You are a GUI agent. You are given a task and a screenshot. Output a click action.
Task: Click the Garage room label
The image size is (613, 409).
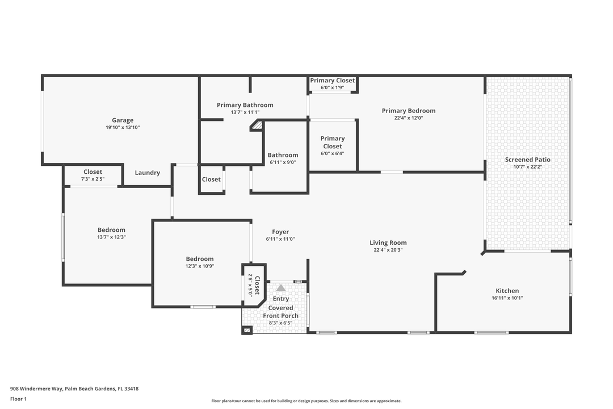123,120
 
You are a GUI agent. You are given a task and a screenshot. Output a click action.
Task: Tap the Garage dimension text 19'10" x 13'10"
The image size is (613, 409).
123,127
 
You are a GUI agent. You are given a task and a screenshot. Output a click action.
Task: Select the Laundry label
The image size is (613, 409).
148,173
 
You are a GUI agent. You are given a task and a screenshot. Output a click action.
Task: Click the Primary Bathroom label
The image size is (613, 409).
245,105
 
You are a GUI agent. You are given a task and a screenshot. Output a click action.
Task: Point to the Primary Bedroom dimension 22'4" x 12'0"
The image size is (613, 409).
409,118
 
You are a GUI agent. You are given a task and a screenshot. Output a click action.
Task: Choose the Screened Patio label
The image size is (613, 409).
528,160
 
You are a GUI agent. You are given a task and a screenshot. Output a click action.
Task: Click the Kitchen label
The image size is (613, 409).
507,291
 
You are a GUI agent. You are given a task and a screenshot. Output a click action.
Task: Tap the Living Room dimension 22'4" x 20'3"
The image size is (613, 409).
388,250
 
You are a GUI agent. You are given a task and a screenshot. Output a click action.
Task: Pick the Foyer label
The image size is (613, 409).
281,232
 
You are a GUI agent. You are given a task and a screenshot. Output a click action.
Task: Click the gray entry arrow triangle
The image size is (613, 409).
281,288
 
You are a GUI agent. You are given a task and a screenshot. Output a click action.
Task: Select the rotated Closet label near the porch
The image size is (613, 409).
257,285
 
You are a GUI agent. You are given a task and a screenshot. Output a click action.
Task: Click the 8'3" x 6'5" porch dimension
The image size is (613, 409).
281,323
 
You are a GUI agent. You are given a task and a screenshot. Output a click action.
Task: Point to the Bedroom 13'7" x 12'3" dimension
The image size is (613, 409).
111,237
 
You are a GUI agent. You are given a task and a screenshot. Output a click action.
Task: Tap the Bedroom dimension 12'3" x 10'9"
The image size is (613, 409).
200,266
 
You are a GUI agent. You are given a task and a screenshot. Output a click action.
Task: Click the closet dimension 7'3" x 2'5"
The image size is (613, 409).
93,179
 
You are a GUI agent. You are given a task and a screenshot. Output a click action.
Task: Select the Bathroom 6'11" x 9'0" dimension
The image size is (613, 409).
283,162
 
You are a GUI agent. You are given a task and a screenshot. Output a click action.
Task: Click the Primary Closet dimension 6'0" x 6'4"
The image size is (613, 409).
333,153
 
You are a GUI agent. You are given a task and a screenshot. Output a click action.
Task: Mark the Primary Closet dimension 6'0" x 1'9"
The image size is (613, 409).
333,87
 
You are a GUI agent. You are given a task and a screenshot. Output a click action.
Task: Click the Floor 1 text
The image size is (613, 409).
18,399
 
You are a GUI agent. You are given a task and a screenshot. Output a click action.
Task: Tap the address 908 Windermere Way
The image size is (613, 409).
36,389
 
